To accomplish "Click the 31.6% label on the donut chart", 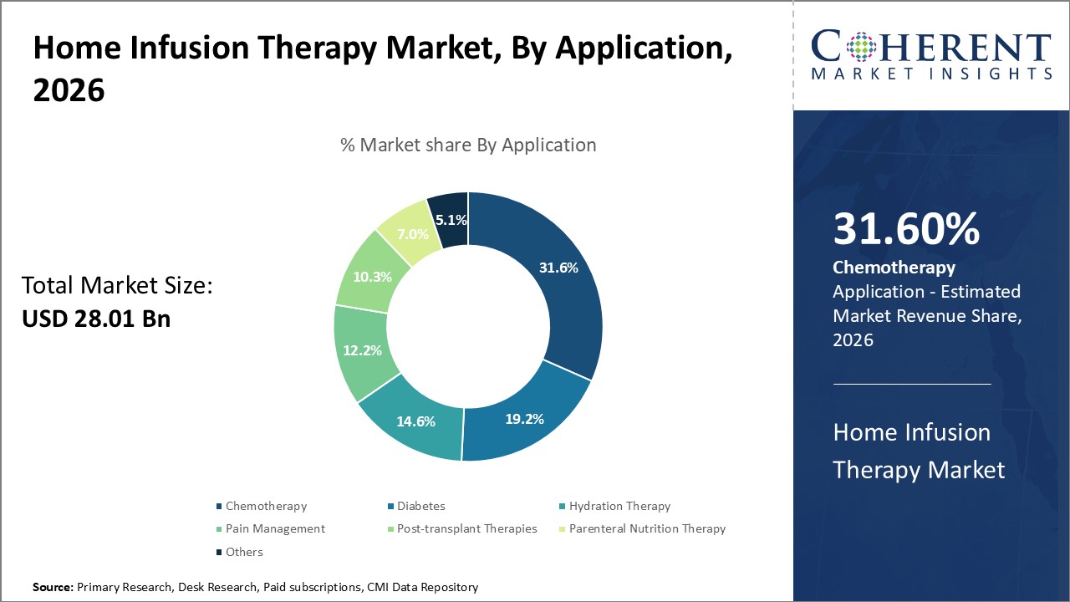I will (557, 268).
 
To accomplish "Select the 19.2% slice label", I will (523, 418).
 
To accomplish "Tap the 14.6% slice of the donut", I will (415, 421).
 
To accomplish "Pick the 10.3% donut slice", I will (372, 277).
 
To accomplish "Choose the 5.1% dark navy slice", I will (451, 221).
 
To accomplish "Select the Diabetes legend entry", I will (420, 506).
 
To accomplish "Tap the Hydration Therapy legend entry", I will (619, 506).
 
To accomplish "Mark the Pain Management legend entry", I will (275, 528).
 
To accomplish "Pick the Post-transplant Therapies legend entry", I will (466, 528).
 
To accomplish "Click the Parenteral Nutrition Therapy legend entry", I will (647, 528).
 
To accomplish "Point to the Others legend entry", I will (244, 552).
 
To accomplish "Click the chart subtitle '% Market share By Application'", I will (468, 145).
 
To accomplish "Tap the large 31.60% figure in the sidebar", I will (906, 230).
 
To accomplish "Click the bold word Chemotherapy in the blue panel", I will (894, 268).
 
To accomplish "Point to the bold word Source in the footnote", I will (53, 588).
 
